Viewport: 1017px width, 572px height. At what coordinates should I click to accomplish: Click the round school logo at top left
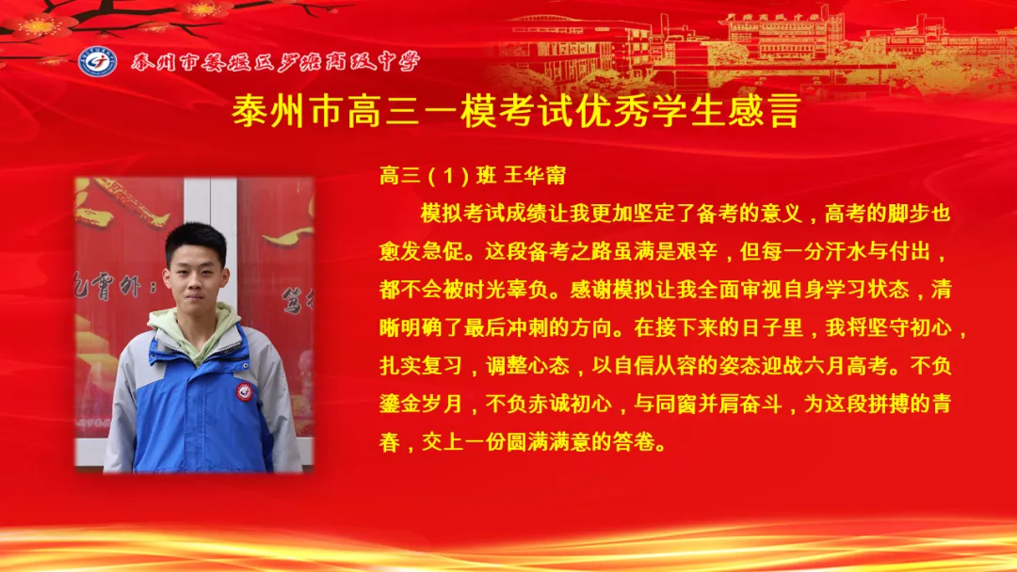pos(98,61)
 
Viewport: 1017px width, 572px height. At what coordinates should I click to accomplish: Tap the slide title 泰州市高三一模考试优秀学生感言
pos(515,111)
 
